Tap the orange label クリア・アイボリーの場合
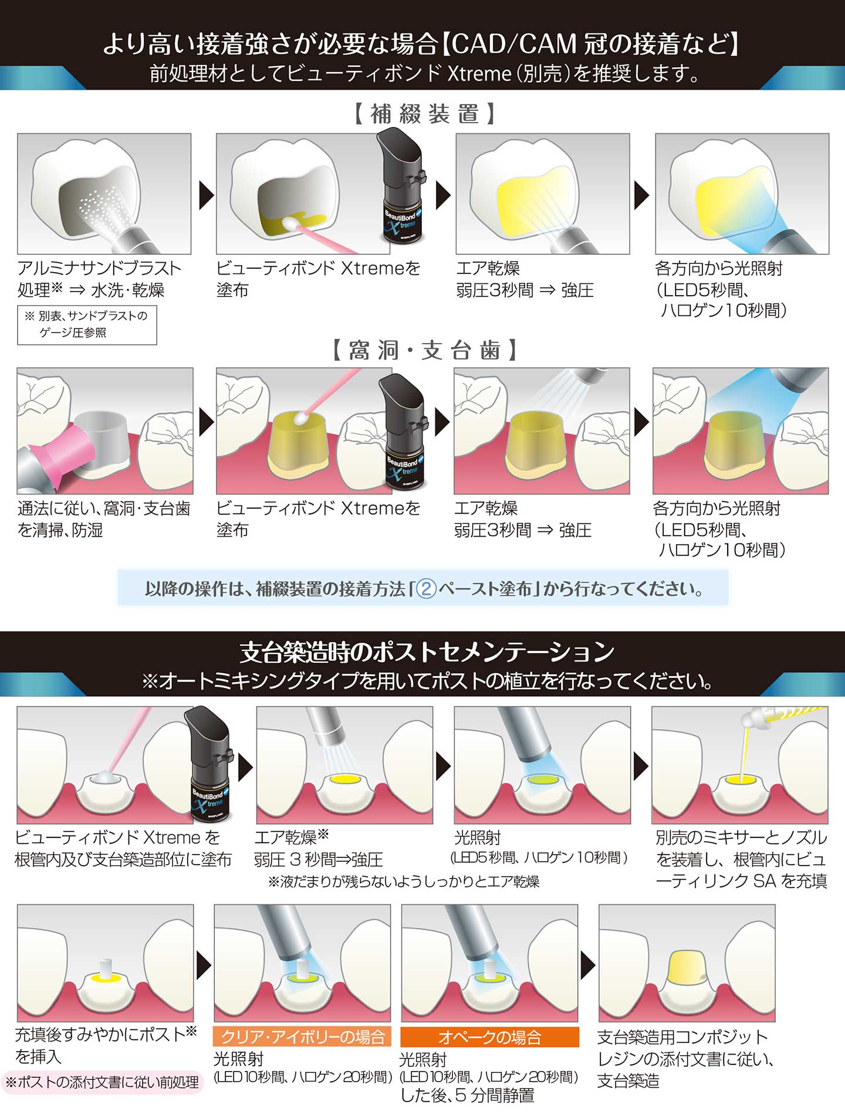tap(302, 1037)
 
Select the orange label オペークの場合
tap(489, 1037)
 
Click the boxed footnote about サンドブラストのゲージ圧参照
tap(87, 324)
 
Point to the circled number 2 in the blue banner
tap(426, 588)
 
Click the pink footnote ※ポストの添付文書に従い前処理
tap(102, 1082)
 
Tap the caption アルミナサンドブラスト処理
tap(99, 279)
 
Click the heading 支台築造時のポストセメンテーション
tap(427, 652)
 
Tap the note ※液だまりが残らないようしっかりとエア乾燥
tap(404, 882)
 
